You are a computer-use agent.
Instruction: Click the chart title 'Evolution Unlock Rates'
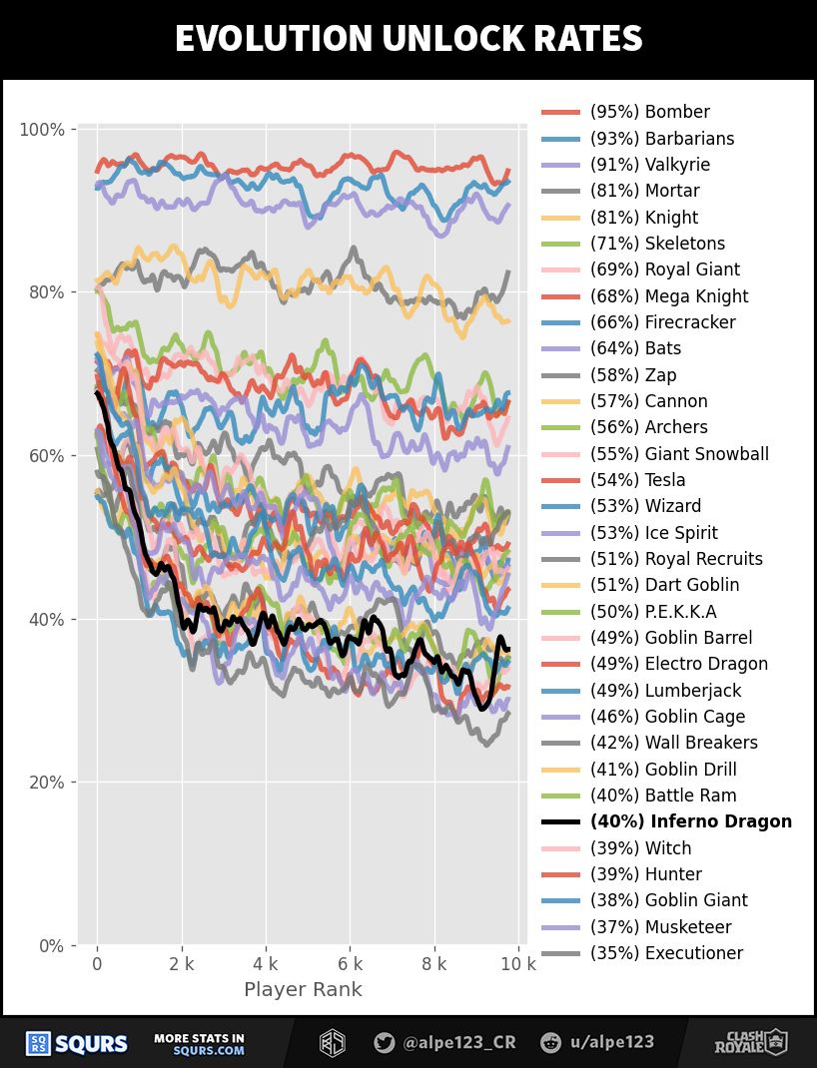pos(408,39)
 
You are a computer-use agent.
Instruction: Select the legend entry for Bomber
pos(649,112)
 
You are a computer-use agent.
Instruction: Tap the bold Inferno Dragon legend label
pos(690,821)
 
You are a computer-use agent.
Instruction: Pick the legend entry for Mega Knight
pos(668,296)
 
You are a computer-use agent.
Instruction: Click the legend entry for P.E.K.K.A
pos(653,612)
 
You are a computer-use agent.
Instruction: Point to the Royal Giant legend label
pos(664,269)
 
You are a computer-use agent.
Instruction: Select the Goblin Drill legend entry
pos(663,770)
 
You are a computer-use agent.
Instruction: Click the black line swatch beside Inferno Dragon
pos(560,822)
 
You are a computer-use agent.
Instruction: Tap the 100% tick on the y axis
pos(42,130)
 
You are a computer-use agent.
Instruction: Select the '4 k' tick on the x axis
pos(266,964)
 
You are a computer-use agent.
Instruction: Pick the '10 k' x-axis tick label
pos(517,964)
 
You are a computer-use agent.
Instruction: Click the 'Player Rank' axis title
pos(303,990)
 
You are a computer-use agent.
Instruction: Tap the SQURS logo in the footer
pos(77,1044)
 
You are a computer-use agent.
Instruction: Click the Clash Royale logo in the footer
pos(750,1043)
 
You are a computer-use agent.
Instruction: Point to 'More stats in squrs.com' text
pos(199,1044)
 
